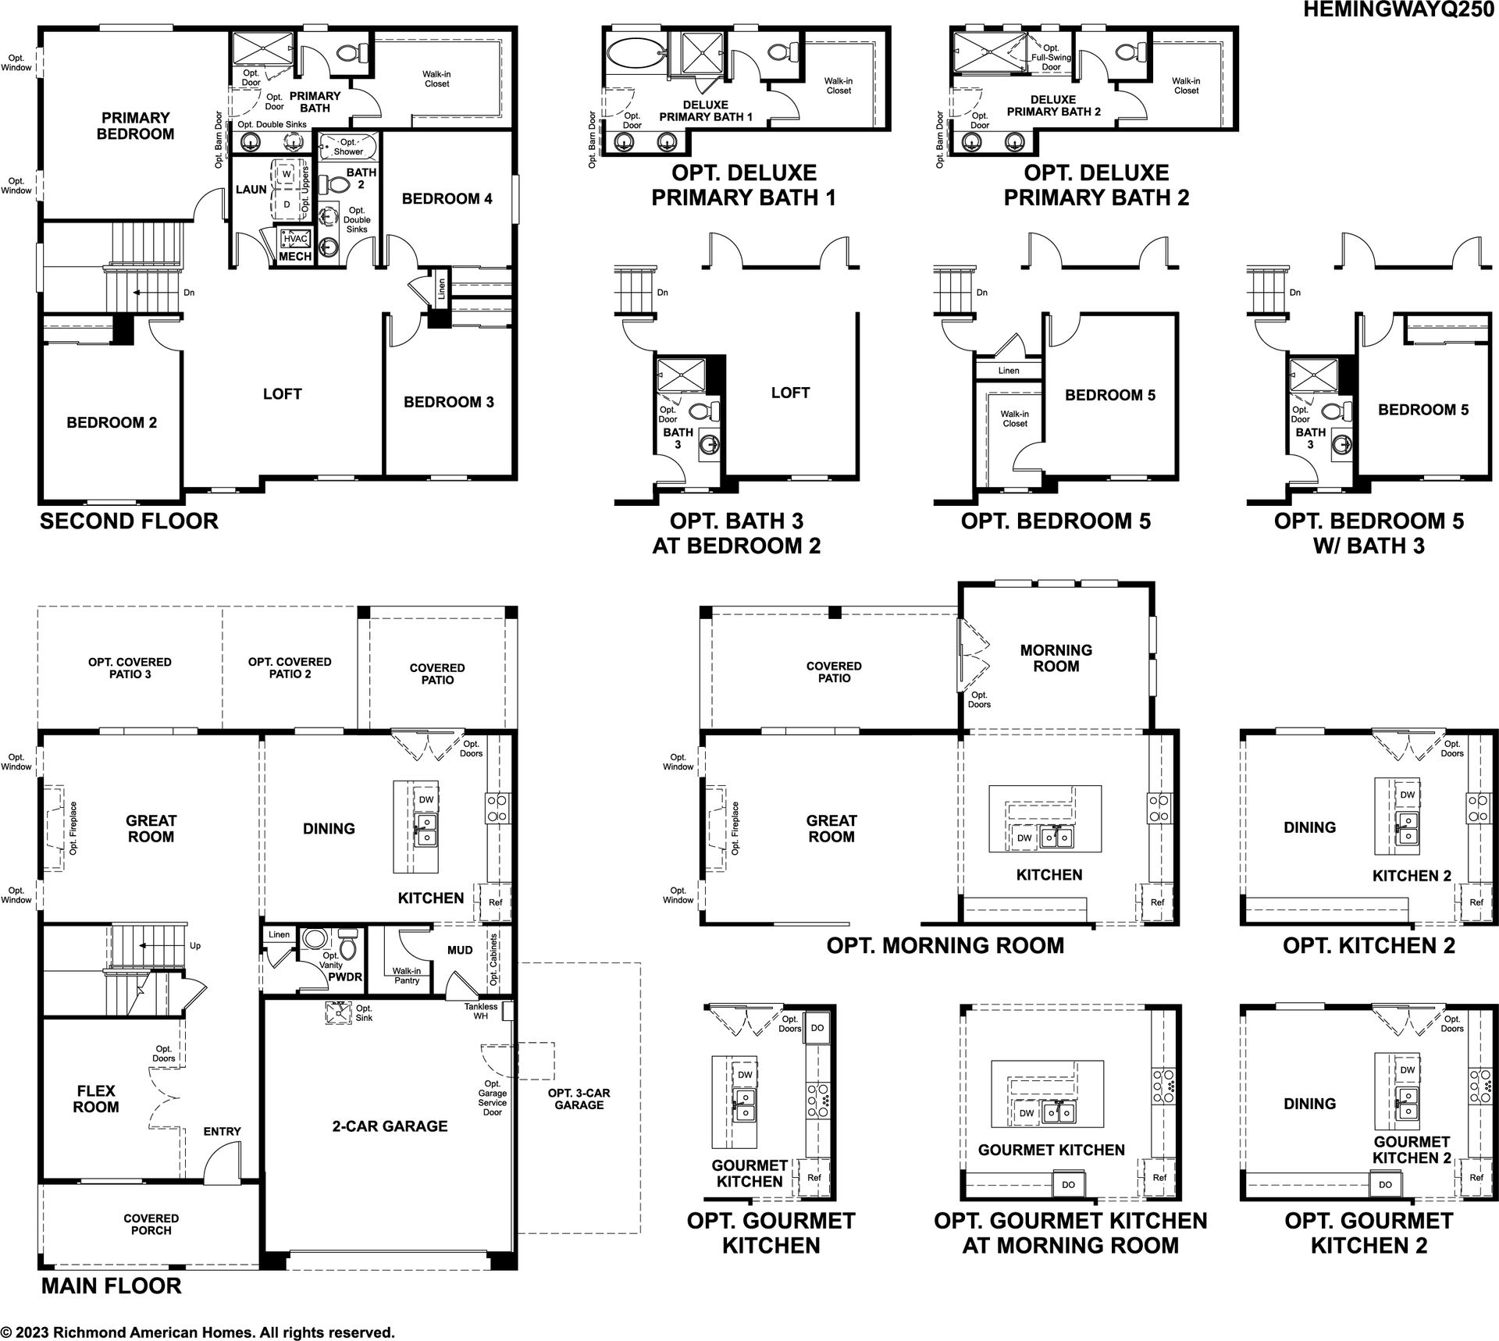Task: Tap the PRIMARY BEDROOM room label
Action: click(135, 126)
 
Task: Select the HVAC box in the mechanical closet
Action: click(296, 239)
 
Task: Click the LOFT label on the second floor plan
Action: click(282, 394)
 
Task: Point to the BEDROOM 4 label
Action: click(447, 199)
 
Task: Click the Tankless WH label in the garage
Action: click(480, 1012)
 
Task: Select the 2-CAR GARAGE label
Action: click(390, 1126)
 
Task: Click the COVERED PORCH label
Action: click(151, 1224)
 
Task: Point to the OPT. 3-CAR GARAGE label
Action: click(579, 1099)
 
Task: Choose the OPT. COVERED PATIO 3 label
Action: click(130, 667)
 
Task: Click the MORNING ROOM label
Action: click(1056, 658)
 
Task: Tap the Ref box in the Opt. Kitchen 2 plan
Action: click(1475, 902)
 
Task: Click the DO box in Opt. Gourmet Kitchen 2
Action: click(1385, 1184)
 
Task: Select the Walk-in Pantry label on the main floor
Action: click(407, 976)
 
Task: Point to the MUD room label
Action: click(460, 950)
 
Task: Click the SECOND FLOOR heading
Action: click(129, 521)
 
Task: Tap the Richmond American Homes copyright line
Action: click(198, 1332)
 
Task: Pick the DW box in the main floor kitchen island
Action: click(425, 800)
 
